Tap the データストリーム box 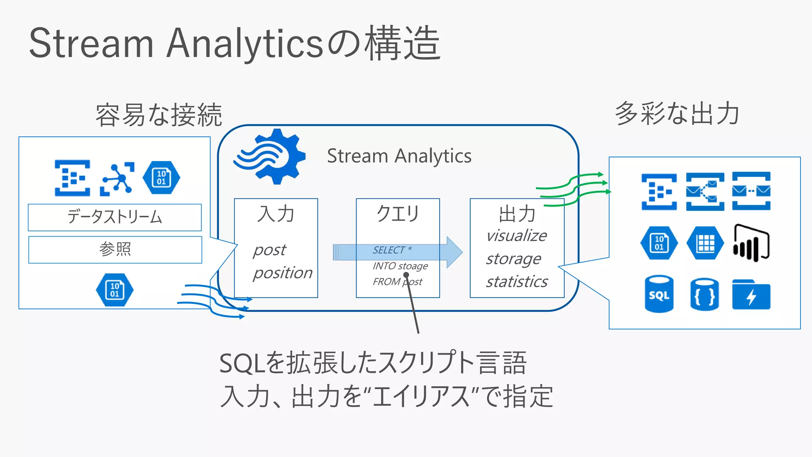tap(115, 217)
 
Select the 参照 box tap(115, 250)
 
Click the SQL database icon tap(659, 294)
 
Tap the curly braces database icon tap(705, 295)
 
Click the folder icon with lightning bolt tap(751, 295)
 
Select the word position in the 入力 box tap(283, 273)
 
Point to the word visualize tap(516, 236)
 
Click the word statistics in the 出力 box tap(517, 282)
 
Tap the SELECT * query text tap(392, 250)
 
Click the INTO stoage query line tap(400, 266)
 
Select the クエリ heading tap(397, 213)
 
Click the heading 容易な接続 tap(159, 115)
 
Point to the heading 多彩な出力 tap(677, 113)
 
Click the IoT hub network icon tap(117, 179)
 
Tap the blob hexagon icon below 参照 tap(115, 290)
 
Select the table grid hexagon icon tap(705, 243)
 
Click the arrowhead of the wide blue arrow tap(454, 252)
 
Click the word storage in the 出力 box tap(513, 259)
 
